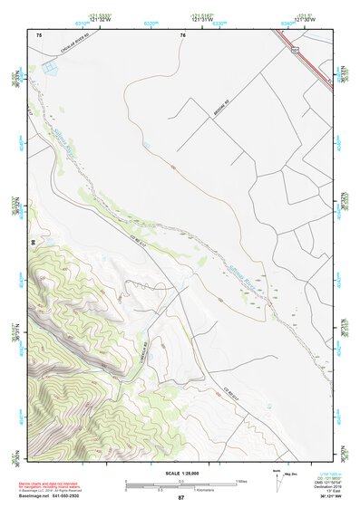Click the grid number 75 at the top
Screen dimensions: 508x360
pyautogui.click(x=39, y=34)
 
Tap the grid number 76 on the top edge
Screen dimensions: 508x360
pyautogui.click(x=182, y=34)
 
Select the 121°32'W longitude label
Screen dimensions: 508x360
pyautogui.click(x=101, y=22)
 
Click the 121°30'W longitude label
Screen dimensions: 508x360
pyautogui.click(x=304, y=22)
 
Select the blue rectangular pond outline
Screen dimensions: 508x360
pyautogui.click(x=47, y=67)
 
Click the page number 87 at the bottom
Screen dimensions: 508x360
pyautogui.click(x=180, y=498)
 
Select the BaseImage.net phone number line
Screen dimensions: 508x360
pyautogui.click(x=50, y=498)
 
